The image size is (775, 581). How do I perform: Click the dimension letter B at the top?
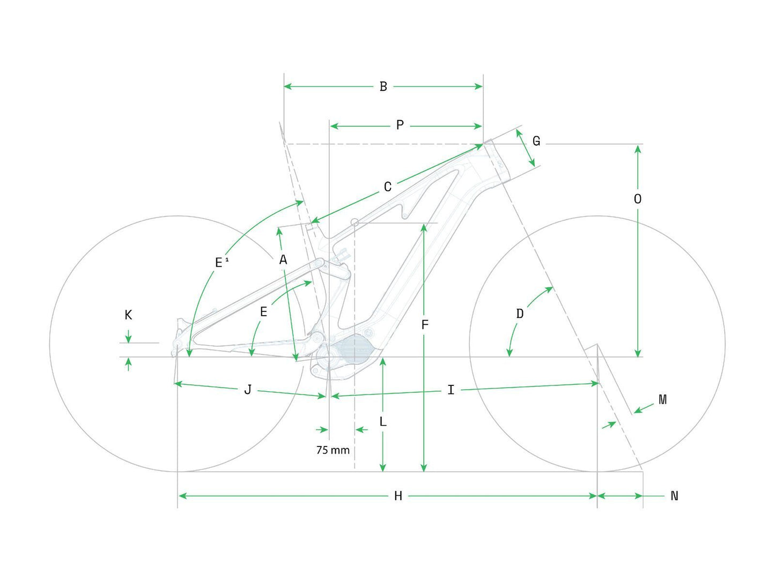[x=383, y=86]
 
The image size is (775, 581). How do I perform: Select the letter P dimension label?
[x=400, y=125]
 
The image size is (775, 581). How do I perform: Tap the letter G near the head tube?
[x=536, y=141]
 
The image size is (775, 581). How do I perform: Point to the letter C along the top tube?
[x=387, y=187]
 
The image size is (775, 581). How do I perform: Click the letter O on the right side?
[x=637, y=199]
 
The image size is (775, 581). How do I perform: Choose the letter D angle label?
[x=520, y=313]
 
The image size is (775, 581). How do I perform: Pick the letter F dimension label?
[x=425, y=325]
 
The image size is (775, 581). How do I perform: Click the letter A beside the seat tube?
[x=283, y=259]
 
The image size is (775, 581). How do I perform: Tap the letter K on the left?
[x=128, y=315]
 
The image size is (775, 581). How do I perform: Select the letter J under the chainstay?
[x=248, y=390]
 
